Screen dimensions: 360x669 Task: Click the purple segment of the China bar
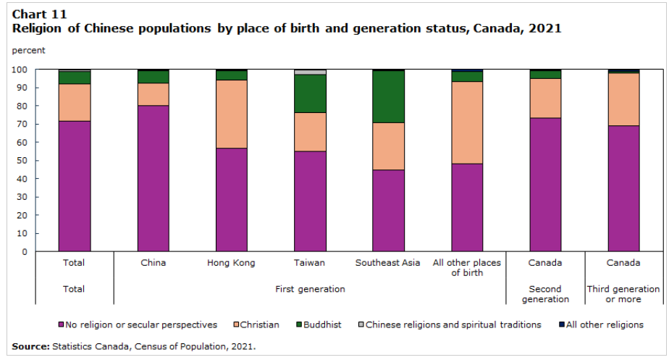click(153, 178)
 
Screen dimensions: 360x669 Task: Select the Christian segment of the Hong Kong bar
click(231, 114)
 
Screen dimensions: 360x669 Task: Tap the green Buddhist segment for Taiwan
click(309, 93)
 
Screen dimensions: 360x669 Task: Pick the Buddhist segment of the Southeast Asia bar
click(387, 96)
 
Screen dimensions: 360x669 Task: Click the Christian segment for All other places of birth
click(467, 122)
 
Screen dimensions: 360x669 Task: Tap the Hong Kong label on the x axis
click(231, 263)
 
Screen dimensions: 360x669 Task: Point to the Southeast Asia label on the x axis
click(387, 263)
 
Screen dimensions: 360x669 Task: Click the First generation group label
click(310, 289)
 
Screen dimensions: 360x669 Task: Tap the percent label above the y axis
click(29, 51)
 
